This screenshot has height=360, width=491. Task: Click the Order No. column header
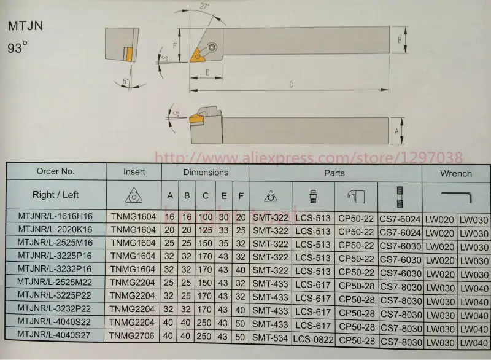pos(55,173)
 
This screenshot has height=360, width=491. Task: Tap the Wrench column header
pos(455,174)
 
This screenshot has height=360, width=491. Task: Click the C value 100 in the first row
pos(205,218)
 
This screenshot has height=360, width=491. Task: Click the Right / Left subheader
pos(55,195)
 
